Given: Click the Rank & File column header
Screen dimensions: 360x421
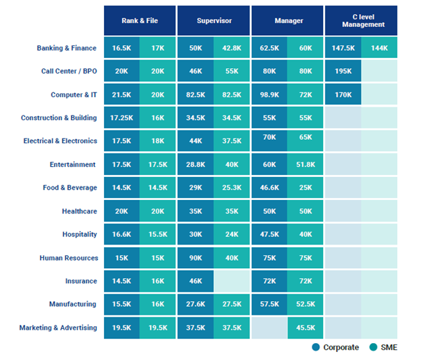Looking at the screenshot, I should coord(140,21).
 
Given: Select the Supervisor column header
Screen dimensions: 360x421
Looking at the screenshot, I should coord(214,21).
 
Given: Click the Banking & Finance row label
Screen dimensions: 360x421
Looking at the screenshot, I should coord(67,48).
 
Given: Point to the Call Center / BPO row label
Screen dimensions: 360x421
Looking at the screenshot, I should coord(69,72).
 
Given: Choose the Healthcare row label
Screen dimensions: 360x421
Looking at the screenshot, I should coord(79,211).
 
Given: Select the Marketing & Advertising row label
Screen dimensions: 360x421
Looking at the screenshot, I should coord(58,328).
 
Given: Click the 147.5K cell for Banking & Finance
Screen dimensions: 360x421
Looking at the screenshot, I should coord(343,48).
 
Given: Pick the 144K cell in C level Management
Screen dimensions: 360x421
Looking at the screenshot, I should coord(379,48).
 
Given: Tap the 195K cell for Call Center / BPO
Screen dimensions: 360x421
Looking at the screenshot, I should coord(343,72).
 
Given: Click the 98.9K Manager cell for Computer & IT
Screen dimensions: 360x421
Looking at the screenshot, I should coord(269,95).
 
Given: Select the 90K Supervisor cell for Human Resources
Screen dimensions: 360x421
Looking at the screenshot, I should coord(196,258).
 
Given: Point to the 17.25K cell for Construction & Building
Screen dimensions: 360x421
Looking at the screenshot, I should coord(121,118).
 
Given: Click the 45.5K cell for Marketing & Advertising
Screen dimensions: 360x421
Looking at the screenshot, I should coord(306,328).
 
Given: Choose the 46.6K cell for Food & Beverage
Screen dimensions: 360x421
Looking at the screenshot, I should coord(269,188).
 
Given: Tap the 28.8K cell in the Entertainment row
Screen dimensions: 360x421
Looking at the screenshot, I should coord(196,165).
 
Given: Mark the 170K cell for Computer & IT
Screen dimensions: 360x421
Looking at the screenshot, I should coord(343,95).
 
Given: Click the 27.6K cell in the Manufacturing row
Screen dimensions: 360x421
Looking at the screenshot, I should coord(196,305).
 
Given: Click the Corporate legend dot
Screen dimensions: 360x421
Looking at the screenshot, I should coord(316,347).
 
